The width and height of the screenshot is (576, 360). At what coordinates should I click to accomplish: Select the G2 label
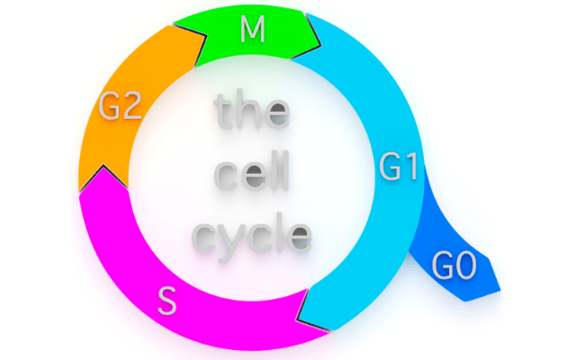tap(120, 108)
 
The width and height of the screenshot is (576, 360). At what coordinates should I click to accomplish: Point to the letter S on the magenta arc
tap(166, 300)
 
